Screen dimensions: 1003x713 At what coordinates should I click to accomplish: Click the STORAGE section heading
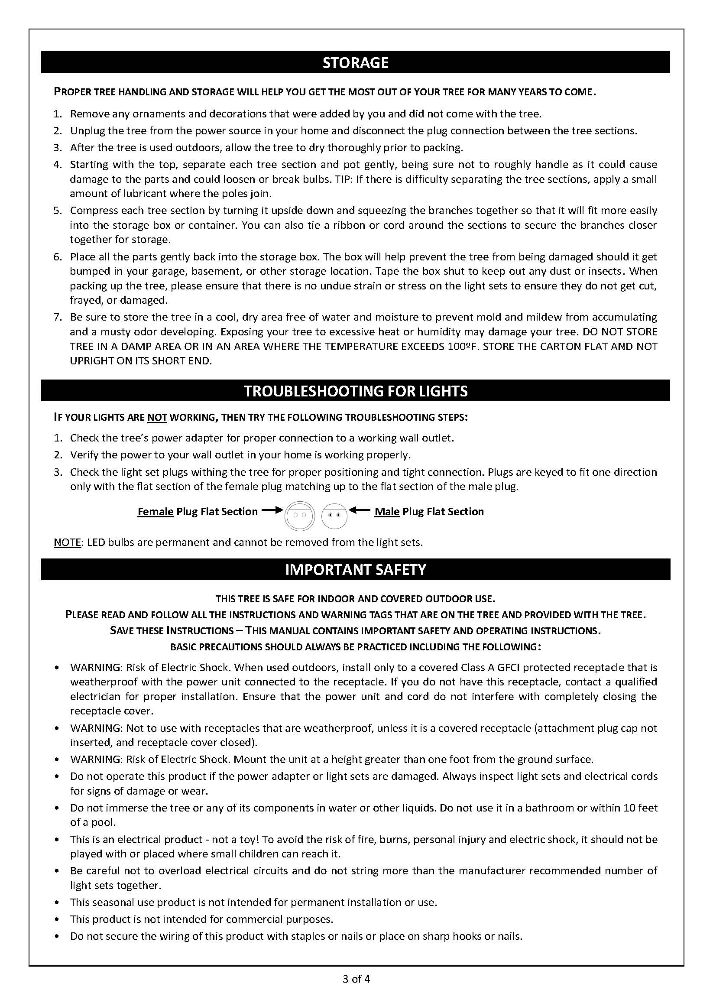point(355,62)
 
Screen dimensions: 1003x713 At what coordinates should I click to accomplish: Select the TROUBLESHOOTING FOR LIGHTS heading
point(355,391)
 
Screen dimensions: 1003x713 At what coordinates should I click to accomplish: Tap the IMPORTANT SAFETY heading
point(355,570)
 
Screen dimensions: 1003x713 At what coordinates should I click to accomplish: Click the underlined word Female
point(156,512)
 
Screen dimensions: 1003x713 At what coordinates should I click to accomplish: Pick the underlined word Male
point(387,512)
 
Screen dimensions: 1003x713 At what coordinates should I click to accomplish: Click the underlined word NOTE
point(67,542)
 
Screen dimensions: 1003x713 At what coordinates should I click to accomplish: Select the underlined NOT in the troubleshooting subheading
point(157,417)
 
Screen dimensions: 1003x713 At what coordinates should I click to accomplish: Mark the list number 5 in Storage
point(58,211)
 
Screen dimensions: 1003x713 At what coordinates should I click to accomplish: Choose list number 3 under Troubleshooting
point(58,472)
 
